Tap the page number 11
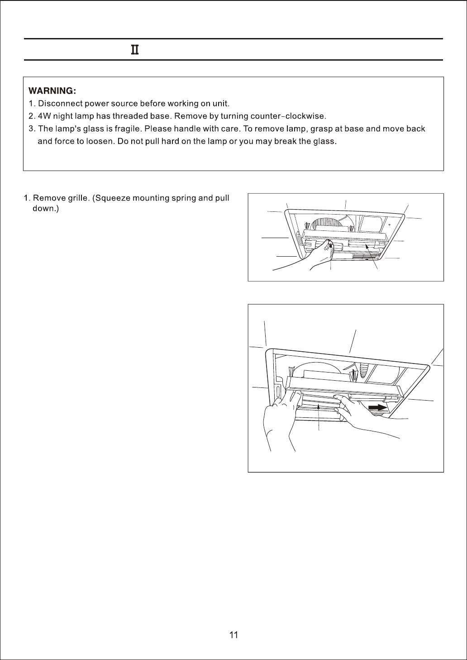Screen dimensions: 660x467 [x=233, y=635]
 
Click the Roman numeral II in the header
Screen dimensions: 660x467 [x=134, y=50]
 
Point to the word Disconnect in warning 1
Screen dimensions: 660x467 [x=57, y=103]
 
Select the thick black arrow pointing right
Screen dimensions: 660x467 [x=377, y=407]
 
